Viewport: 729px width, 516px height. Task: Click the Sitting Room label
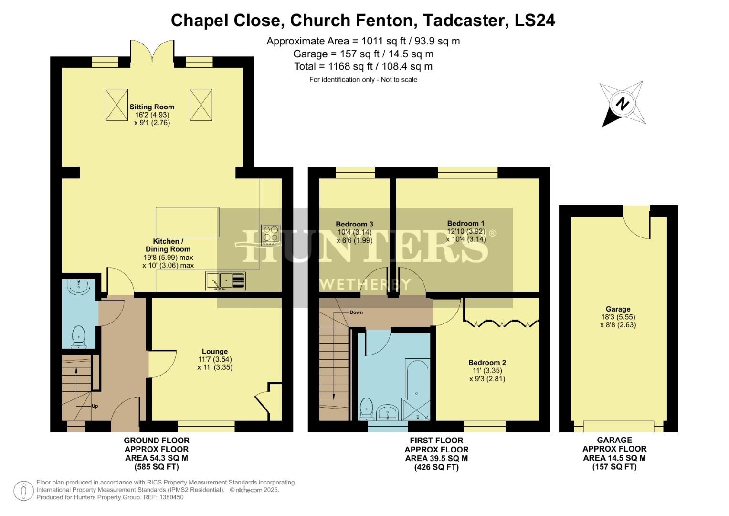coord(152,107)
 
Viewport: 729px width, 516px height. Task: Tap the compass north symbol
coord(622,104)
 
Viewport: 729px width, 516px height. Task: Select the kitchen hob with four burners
coord(270,235)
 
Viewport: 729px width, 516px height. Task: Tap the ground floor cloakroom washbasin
coord(78,287)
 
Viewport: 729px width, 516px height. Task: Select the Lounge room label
coord(214,351)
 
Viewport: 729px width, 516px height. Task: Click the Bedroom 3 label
coord(354,224)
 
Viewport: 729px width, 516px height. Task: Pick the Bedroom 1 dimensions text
coord(465,235)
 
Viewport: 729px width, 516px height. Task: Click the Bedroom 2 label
coord(487,363)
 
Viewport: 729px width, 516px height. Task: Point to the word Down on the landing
coord(356,312)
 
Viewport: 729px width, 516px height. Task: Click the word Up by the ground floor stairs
coord(95,406)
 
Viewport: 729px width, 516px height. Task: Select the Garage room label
coord(618,309)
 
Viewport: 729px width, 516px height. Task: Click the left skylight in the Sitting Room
coord(116,105)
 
